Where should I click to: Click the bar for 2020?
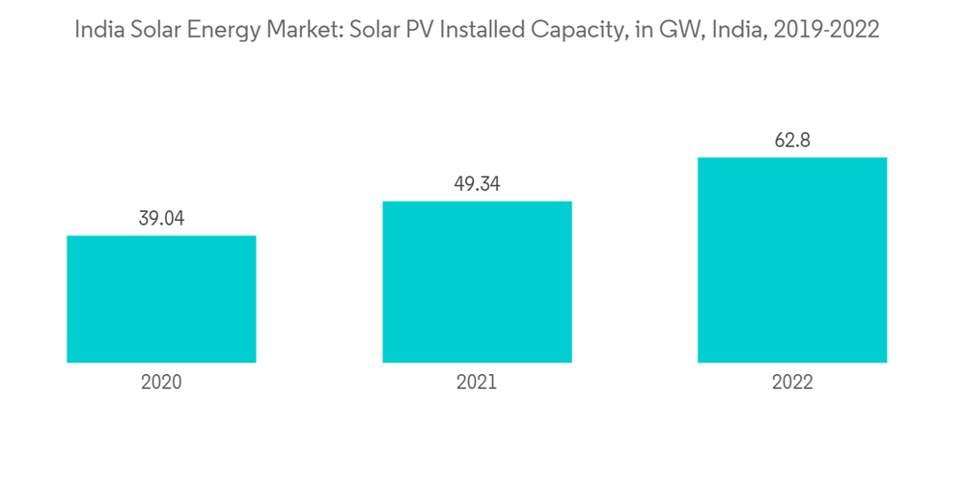(x=161, y=299)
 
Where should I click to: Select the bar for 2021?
(x=477, y=282)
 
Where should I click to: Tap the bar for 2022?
(x=792, y=260)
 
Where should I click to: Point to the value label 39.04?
(x=161, y=219)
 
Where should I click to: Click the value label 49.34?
(x=477, y=184)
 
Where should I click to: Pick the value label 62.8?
(x=792, y=141)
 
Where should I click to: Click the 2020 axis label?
(x=161, y=382)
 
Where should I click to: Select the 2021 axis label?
(x=477, y=382)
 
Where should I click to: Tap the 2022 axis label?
(x=792, y=382)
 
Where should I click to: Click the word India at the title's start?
(x=98, y=30)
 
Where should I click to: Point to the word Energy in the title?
(x=221, y=30)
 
